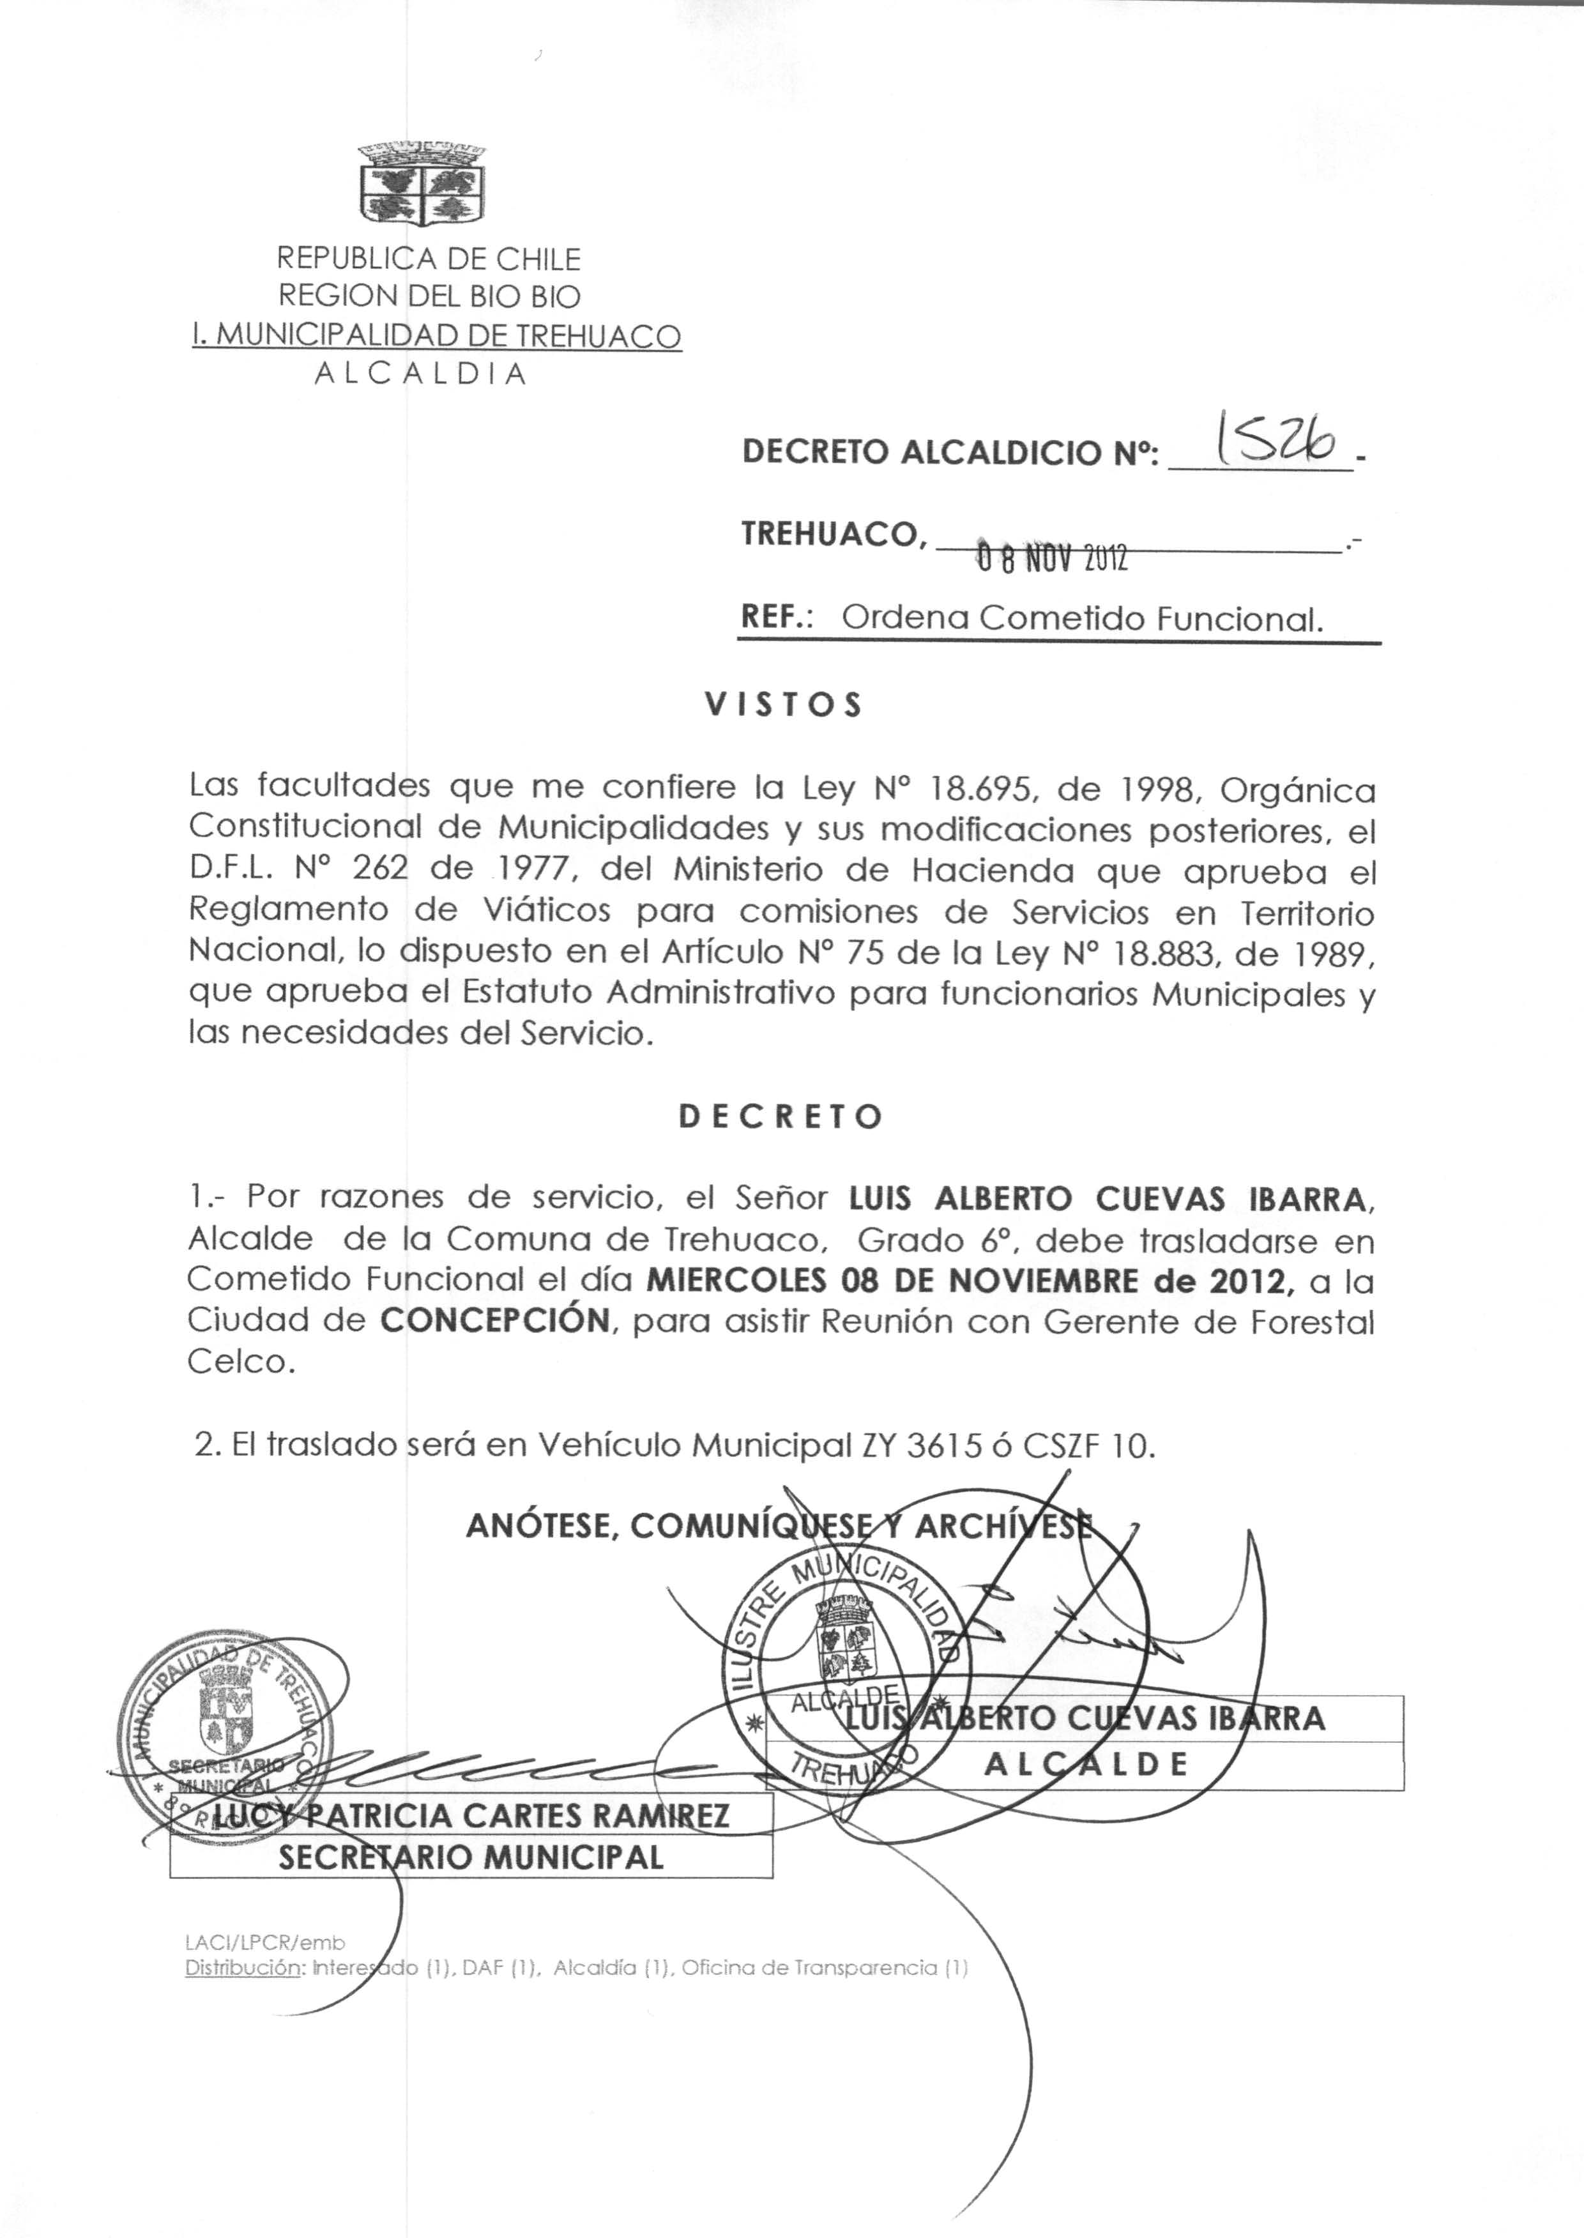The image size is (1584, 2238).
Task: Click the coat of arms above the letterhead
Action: pos(422,183)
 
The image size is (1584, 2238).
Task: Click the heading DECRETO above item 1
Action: pos(781,1116)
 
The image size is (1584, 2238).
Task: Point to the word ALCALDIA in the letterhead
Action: pos(420,374)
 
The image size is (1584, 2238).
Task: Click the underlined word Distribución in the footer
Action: pos(242,1968)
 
